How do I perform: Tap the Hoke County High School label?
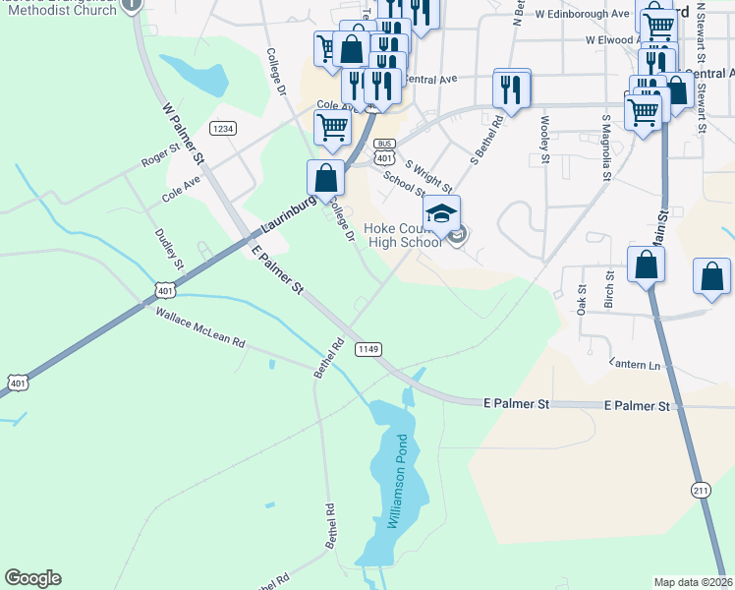tap(402, 235)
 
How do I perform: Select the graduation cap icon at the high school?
tap(441, 213)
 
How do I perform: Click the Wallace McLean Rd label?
tap(199, 326)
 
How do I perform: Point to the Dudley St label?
tap(168, 249)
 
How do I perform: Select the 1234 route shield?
tap(223, 129)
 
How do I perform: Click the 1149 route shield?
tap(368, 349)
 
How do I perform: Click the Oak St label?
tap(582, 299)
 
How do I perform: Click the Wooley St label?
tap(544, 134)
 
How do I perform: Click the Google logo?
tap(32, 578)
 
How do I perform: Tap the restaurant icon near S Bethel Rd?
tap(512, 89)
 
